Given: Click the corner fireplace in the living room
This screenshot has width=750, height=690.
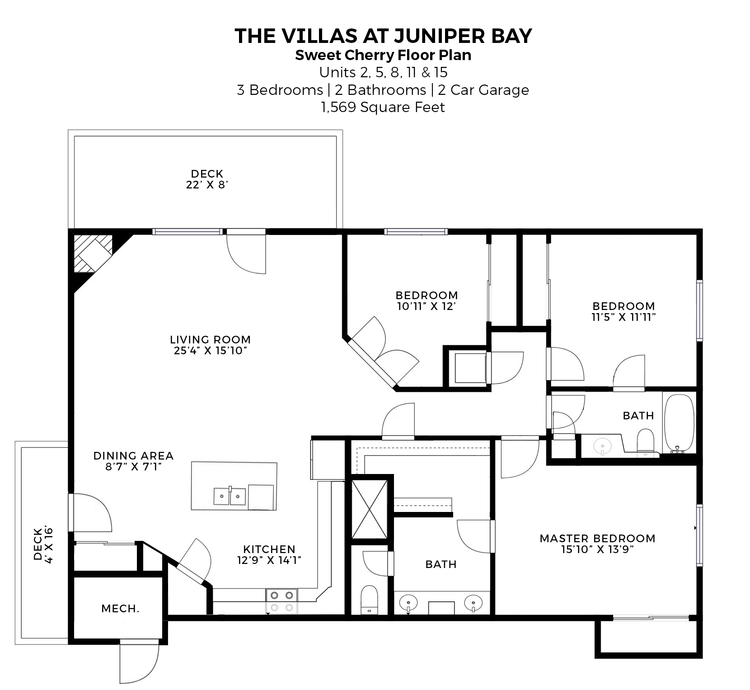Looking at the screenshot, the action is coord(93,253).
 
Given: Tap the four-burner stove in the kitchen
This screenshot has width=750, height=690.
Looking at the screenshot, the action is coord(282,601).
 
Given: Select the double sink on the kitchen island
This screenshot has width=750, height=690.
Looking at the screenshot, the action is coord(230,496).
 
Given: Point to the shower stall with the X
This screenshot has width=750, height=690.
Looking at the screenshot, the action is coord(369,509).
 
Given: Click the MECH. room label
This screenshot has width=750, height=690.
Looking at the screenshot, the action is coord(120,609).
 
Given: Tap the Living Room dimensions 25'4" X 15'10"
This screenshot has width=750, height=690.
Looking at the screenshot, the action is coord(211,351).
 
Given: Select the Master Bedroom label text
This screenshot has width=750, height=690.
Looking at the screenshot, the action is coord(597,538).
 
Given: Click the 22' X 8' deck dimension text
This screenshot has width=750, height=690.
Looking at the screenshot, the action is coord(207,185).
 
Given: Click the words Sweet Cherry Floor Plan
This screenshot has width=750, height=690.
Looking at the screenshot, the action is coord(383,55).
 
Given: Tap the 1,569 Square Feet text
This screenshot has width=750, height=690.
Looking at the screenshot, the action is coord(383,108).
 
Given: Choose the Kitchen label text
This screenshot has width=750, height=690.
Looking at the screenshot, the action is coord(269,549).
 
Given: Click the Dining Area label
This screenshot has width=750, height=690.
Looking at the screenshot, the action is coord(133,455).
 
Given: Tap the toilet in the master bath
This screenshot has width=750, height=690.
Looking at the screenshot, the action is coord(370,600).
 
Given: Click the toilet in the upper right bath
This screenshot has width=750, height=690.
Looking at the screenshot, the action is coord(645,441).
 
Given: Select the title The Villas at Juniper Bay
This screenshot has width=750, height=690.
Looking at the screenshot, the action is coord(383,36).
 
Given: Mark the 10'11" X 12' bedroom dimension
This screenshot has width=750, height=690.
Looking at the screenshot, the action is coord(427,306).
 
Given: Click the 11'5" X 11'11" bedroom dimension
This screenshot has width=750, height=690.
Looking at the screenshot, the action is coord(623,317).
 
